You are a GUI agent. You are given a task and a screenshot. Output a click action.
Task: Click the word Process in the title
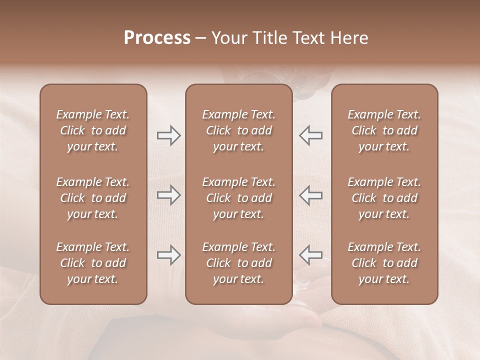click(157, 38)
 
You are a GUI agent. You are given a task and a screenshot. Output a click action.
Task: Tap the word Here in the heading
click(349, 38)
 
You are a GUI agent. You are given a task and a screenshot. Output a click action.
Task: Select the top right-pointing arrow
click(168, 135)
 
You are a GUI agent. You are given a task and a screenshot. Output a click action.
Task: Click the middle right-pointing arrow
click(168, 195)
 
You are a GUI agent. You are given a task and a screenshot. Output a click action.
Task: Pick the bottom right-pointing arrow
click(168, 255)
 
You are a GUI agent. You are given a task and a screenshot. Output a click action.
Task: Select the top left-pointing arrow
click(310, 135)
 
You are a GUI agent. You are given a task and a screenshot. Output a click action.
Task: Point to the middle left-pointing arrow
click(310, 195)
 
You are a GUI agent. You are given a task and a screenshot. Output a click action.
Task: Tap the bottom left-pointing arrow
click(310, 255)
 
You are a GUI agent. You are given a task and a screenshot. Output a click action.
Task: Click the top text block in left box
click(93, 130)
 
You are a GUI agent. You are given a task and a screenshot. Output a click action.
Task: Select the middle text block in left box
click(93, 198)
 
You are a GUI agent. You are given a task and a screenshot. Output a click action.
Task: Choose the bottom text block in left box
click(93, 263)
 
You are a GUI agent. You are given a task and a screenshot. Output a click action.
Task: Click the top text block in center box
click(239, 130)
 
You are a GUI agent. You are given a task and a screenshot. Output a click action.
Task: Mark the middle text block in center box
click(239, 198)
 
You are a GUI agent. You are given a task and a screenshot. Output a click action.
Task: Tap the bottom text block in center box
click(239, 263)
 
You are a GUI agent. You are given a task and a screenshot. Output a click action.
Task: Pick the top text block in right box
click(384, 130)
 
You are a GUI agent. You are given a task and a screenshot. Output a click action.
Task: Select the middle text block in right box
click(384, 198)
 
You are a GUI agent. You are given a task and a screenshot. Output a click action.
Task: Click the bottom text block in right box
click(384, 263)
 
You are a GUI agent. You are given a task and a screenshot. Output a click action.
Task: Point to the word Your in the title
click(228, 38)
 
